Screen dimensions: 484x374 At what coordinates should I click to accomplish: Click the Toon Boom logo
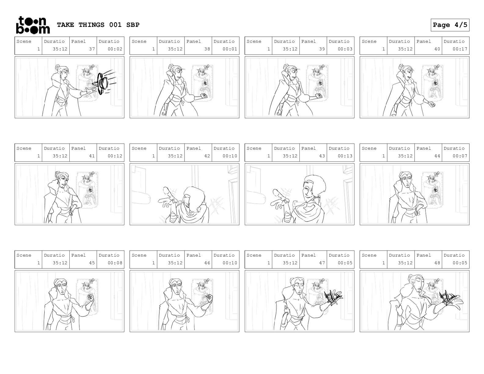33,25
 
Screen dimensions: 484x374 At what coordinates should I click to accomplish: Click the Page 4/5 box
450,25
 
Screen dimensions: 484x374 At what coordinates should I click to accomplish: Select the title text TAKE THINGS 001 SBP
98,25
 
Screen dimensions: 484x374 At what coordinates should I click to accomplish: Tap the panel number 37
92,49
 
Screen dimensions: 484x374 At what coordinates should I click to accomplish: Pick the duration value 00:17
460,49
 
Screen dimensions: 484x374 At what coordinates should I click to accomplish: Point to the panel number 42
207,156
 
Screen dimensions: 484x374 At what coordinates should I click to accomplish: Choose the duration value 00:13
345,156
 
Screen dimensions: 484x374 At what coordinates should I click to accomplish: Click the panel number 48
437,263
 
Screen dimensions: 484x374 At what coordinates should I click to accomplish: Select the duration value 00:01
230,49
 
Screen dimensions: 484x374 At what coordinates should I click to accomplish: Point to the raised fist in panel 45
90,298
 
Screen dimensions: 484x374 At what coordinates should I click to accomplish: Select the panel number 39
322,49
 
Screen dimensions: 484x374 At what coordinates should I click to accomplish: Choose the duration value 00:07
460,156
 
